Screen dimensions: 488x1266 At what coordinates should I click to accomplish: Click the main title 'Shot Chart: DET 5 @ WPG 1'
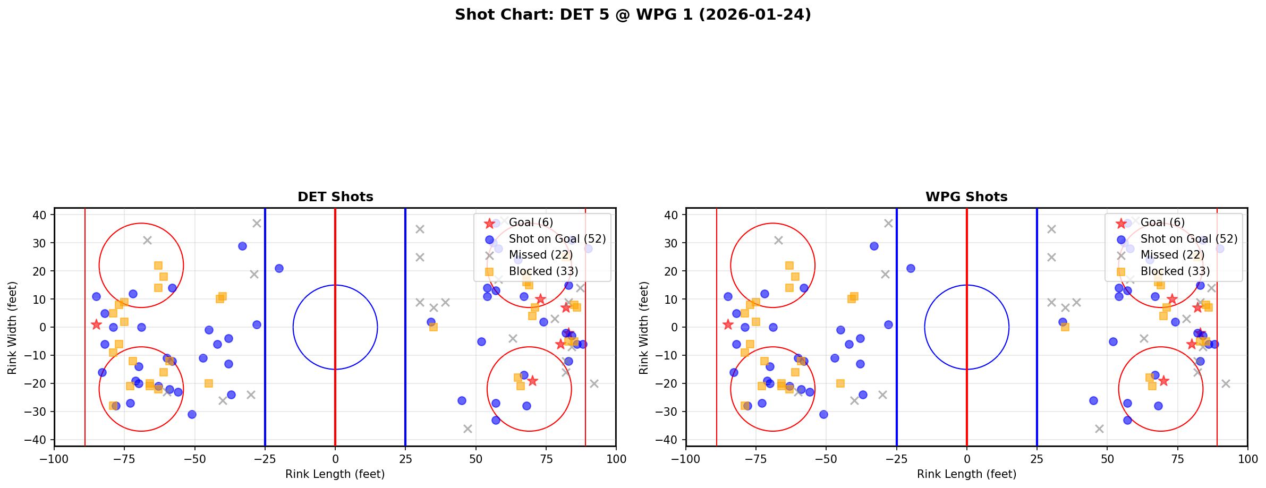pyautogui.click(x=633, y=15)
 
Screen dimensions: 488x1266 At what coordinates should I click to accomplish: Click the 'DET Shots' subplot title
pyautogui.click(x=335, y=197)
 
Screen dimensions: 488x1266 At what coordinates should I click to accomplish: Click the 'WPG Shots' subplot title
pyautogui.click(x=966, y=197)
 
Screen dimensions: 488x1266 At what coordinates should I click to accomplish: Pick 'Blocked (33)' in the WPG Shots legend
pyautogui.click(x=1175, y=271)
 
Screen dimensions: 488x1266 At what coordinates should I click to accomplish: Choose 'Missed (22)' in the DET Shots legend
pyautogui.click(x=540, y=255)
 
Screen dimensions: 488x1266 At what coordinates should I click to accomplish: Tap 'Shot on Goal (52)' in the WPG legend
pyautogui.click(x=1188, y=239)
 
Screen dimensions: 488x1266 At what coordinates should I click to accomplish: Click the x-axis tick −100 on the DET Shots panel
pyautogui.click(x=54, y=459)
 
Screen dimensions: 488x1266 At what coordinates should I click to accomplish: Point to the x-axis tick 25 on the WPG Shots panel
pyautogui.click(x=1036, y=459)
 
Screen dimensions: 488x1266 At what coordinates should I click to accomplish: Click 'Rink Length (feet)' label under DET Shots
pyautogui.click(x=335, y=474)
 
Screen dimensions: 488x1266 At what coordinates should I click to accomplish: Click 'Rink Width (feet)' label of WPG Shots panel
pyautogui.click(x=644, y=328)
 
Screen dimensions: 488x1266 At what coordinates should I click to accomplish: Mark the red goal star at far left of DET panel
pyautogui.click(x=96, y=324)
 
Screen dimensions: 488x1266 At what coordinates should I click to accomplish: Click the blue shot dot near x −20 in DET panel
pyautogui.click(x=279, y=268)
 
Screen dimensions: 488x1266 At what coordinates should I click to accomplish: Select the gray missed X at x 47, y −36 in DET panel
pyautogui.click(x=468, y=429)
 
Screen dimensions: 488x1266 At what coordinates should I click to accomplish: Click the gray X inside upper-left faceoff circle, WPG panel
pyautogui.click(x=778, y=241)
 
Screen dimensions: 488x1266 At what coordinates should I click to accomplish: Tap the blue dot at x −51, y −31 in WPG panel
pyautogui.click(x=823, y=414)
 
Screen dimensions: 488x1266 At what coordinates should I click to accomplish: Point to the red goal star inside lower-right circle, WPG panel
pyautogui.click(x=1163, y=381)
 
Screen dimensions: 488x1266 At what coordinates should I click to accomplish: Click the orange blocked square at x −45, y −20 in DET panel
pyautogui.click(x=209, y=383)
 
